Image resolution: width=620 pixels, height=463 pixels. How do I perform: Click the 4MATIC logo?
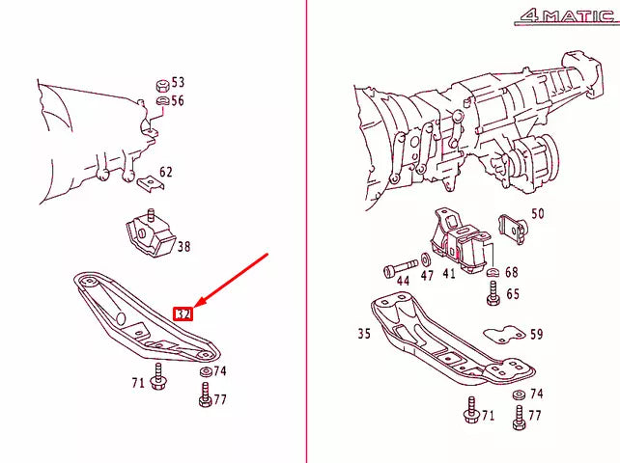click(564, 15)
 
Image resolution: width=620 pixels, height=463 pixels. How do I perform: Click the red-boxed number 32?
click(183, 313)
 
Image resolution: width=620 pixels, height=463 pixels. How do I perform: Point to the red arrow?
click(232, 281)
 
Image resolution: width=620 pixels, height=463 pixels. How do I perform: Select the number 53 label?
click(178, 83)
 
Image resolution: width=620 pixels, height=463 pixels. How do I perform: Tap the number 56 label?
click(178, 100)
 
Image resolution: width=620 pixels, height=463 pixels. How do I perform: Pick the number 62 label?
click(166, 173)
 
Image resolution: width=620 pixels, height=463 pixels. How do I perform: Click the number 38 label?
click(183, 247)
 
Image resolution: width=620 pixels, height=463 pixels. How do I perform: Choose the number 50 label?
click(538, 213)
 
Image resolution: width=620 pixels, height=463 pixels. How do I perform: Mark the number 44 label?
click(403, 281)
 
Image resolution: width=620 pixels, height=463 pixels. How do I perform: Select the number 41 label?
click(449, 274)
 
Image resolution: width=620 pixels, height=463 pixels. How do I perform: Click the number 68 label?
click(512, 273)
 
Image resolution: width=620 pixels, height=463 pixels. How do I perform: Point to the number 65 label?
click(513, 294)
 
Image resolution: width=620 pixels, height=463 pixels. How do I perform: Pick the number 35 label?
click(363, 335)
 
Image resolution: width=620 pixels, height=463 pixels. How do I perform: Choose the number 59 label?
click(536, 335)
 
